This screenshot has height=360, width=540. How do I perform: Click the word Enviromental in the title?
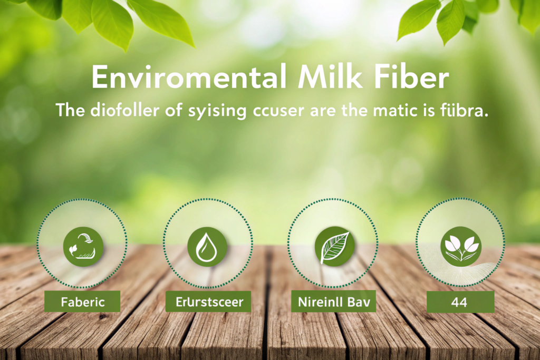point(188,77)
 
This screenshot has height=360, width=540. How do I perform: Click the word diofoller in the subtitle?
point(124,111)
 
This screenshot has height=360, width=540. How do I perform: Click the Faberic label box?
point(82,301)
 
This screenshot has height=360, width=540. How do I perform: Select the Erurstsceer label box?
point(208,301)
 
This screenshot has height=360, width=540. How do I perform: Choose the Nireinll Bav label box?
point(333,301)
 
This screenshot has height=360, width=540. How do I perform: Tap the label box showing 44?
point(460,302)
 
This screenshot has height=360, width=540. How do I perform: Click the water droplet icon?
point(207,247)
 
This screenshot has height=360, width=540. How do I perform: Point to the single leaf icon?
point(334,247)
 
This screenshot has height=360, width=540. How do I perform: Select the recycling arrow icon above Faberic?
point(83,247)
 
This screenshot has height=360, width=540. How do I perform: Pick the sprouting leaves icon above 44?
point(461,247)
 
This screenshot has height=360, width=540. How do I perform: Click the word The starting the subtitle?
point(70,111)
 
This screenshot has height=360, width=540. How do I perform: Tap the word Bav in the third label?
point(359,302)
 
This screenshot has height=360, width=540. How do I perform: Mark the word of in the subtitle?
point(173,111)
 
